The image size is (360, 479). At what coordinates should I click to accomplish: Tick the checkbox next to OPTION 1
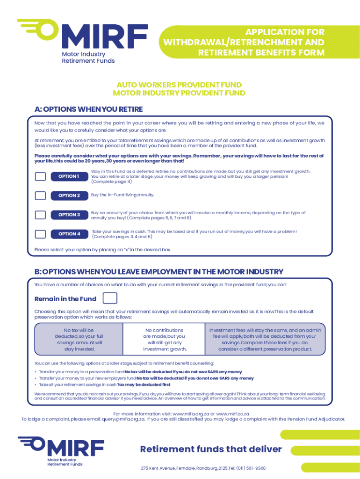(41, 176)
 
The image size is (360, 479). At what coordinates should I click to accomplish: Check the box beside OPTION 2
(41, 196)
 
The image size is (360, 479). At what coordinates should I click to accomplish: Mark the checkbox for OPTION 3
(41, 215)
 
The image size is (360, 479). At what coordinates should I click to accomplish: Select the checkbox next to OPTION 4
(41, 234)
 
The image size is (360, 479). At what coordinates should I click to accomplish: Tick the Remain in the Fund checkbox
(109, 298)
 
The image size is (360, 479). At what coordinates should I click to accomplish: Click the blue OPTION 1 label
(69, 176)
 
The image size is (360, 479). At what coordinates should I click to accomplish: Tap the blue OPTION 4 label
(69, 234)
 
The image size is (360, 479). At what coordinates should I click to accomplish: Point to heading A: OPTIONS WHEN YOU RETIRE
(88, 109)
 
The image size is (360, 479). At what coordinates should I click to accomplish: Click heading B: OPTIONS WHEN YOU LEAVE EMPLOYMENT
(159, 271)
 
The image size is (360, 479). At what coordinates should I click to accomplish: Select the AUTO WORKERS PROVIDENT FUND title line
(179, 85)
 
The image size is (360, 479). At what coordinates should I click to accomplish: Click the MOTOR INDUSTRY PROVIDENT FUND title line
(179, 93)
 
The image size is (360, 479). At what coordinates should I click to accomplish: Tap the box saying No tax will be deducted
(79, 339)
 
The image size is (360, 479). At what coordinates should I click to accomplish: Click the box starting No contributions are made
(164, 339)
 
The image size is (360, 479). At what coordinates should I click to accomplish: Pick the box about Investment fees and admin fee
(265, 339)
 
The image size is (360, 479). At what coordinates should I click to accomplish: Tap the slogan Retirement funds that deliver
(211, 449)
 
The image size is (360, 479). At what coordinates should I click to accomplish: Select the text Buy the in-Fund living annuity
(122, 195)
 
